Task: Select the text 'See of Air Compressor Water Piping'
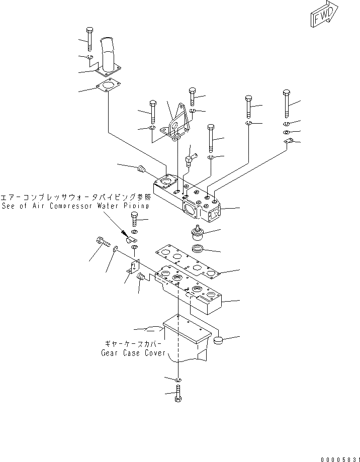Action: (x=75, y=206)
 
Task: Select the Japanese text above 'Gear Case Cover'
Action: (x=132, y=344)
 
